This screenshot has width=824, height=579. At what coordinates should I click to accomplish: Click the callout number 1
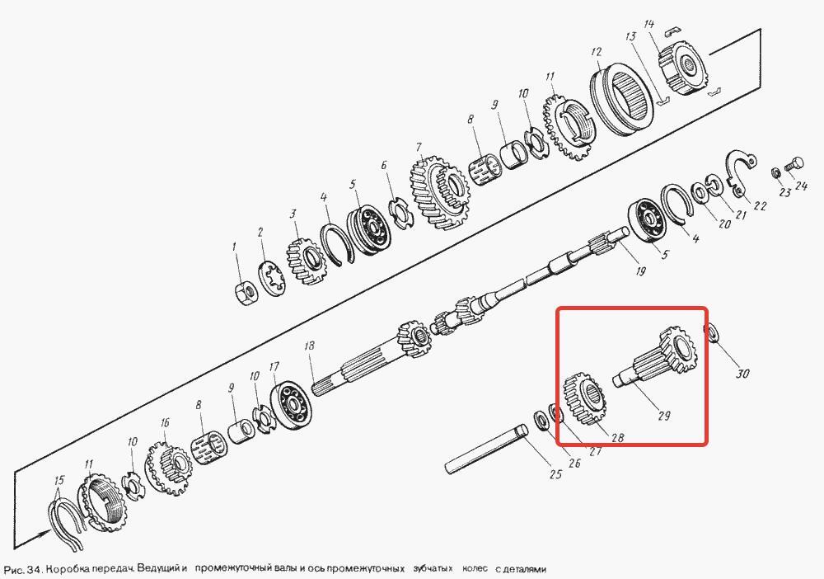(x=235, y=247)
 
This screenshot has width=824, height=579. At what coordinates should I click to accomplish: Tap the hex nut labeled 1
(x=246, y=293)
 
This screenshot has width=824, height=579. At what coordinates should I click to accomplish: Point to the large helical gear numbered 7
(x=439, y=192)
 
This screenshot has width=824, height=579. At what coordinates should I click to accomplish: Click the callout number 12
(x=596, y=52)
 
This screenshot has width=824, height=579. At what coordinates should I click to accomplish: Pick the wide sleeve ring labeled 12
(x=621, y=99)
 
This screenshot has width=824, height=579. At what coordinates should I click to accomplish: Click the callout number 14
(x=649, y=25)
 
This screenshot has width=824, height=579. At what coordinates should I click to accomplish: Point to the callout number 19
(x=640, y=271)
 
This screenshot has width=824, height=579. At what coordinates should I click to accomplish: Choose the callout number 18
(x=310, y=346)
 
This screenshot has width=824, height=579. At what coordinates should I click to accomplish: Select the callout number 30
(x=742, y=374)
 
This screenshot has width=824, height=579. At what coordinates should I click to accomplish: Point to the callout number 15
(x=59, y=480)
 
